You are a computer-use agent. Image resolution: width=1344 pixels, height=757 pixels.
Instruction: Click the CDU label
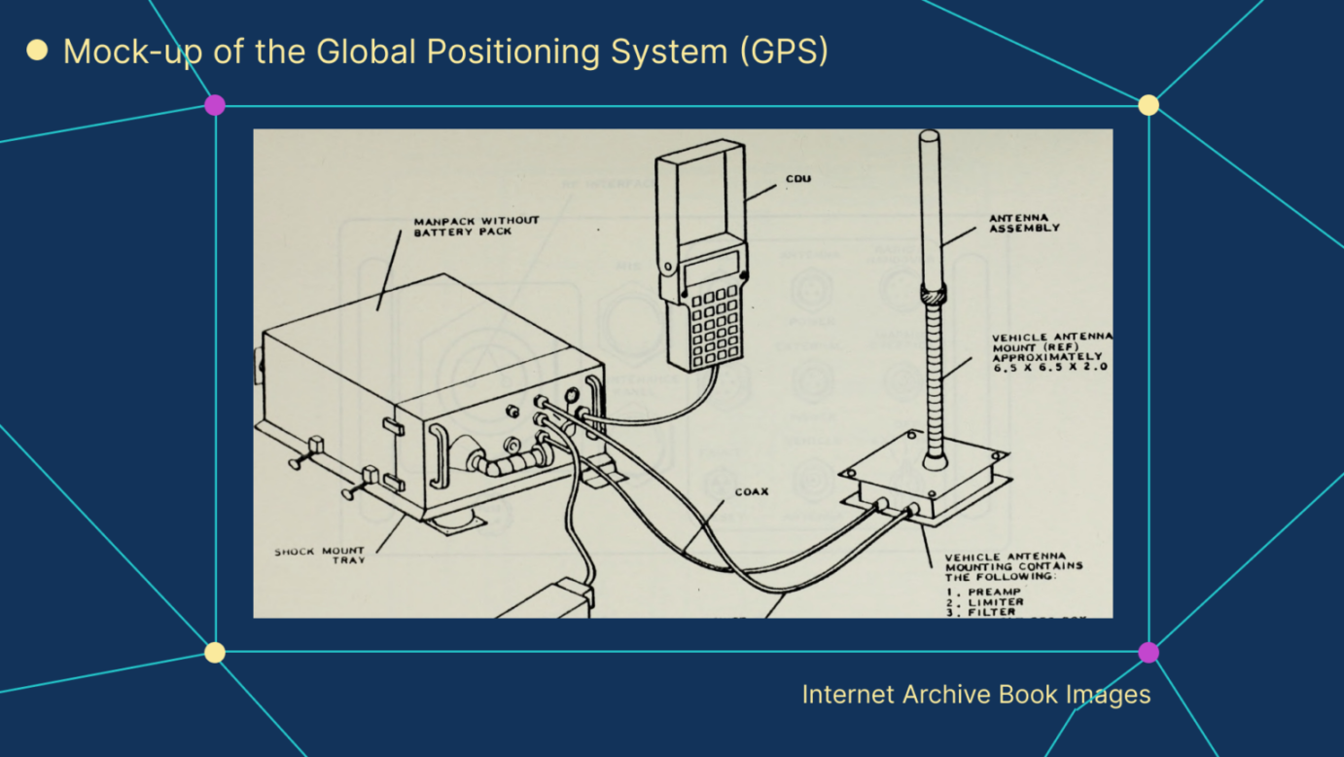(x=797, y=179)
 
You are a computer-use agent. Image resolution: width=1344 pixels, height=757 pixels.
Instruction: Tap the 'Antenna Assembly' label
(x=1024, y=223)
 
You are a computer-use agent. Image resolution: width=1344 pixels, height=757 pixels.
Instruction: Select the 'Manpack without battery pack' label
(x=476, y=226)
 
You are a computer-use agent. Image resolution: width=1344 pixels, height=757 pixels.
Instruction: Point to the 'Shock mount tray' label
(x=319, y=556)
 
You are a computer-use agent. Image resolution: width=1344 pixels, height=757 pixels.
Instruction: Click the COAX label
(x=751, y=492)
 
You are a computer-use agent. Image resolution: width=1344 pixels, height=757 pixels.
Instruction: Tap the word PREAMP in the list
(x=995, y=591)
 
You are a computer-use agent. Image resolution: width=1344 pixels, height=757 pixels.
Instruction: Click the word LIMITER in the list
(x=995, y=602)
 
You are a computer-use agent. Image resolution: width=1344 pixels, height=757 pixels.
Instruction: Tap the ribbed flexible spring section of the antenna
(x=935, y=379)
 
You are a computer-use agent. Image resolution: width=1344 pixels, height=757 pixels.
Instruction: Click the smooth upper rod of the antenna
(x=930, y=204)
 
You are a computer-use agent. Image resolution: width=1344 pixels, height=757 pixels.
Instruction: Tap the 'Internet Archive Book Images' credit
(x=975, y=695)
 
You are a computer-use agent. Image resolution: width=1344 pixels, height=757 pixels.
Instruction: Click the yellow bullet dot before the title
(x=37, y=51)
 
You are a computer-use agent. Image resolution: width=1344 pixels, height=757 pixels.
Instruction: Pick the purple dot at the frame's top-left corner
(x=215, y=105)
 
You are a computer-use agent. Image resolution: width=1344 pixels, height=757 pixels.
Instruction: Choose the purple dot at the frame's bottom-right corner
(x=1149, y=652)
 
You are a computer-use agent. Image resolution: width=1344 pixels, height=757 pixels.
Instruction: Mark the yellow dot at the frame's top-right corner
(x=1149, y=105)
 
